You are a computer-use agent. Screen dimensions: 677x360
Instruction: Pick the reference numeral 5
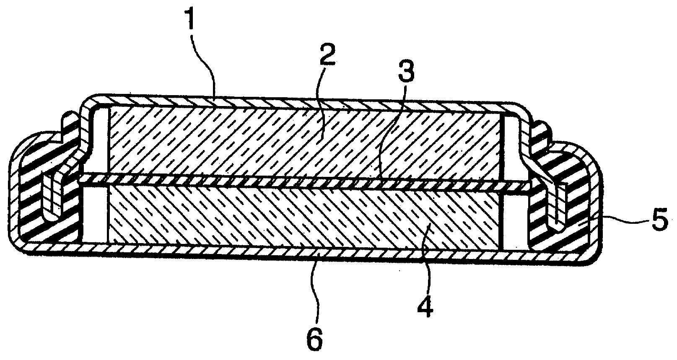coord(660,222)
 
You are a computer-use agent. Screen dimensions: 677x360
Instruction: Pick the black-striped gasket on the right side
coord(559,194)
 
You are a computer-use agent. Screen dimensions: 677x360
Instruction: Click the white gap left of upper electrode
coord(99,142)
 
